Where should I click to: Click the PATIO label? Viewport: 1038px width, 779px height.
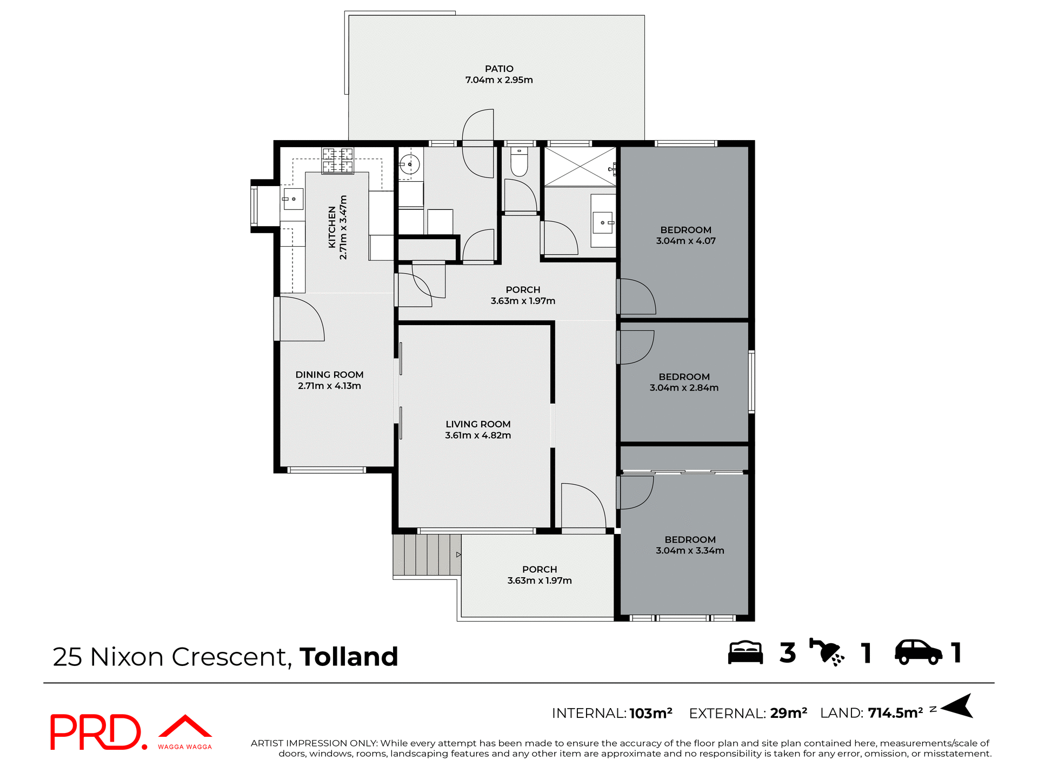tap(498, 69)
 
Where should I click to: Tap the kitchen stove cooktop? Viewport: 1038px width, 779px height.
tap(338, 161)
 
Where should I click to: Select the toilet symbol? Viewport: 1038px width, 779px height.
tap(519, 163)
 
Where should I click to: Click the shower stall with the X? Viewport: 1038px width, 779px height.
tap(580, 166)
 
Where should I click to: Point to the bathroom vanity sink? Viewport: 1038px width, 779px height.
tap(603, 222)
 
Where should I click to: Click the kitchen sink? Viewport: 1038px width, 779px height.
tap(293, 199)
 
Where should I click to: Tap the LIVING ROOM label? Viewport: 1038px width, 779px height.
tap(478, 424)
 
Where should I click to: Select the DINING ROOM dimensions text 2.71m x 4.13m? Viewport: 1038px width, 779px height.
tap(329, 386)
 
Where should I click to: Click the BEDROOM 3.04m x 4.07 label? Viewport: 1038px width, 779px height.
tap(686, 235)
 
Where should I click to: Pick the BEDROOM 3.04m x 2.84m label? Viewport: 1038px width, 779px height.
tap(684, 382)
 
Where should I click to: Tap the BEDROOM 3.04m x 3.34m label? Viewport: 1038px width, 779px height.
tap(690, 545)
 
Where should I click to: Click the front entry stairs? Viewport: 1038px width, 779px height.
tap(427, 554)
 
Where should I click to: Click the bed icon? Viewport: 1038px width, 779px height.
tap(745, 652)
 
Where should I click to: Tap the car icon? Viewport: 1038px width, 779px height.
tap(918, 652)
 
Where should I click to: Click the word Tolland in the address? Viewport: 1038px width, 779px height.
tap(349, 657)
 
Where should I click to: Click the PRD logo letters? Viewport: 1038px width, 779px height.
tap(96, 732)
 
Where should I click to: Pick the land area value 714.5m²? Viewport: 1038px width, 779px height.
tap(895, 713)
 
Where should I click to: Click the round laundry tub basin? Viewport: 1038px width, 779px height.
tap(410, 163)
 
